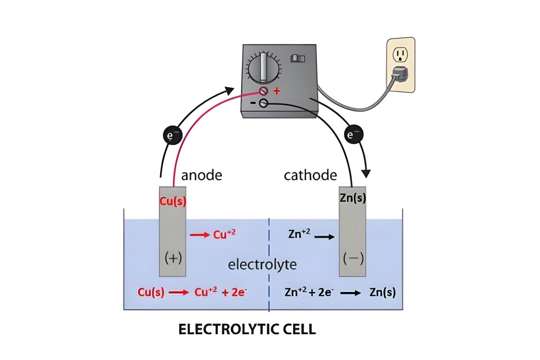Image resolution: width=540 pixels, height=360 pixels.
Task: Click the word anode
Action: pyautogui.click(x=202, y=175)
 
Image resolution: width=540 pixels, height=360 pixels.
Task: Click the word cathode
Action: pyautogui.click(x=310, y=175)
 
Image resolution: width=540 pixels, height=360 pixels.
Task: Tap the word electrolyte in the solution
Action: pyautogui.click(x=262, y=265)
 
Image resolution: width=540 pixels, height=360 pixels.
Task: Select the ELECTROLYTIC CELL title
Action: pyautogui.click(x=247, y=329)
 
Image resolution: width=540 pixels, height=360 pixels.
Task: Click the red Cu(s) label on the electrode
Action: pyautogui.click(x=173, y=201)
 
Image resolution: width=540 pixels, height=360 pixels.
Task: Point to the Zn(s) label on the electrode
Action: pyautogui.click(x=353, y=198)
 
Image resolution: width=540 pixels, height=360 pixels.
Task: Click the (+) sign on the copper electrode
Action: pyautogui.click(x=173, y=258)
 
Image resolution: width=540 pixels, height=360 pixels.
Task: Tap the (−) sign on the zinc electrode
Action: pyautogui.click(x=353, y=258)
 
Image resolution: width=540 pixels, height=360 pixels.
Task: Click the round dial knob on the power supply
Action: pyautogui.click(x=263, y=68)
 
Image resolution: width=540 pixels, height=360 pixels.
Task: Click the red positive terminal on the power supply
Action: pyautogui.click(x=264, y=91)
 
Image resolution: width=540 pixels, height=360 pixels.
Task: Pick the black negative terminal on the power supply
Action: pyautogui.click(x=263, y=103)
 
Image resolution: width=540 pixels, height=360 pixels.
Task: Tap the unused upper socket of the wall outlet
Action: pyautogui.click(x=400, y=55)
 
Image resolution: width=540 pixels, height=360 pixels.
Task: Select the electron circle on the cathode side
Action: pyautogui.click(x=353, y=135)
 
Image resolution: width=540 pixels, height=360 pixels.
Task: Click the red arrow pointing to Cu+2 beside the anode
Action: pyautogui.click(x=200, y=235)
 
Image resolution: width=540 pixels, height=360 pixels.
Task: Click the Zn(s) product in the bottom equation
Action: pyautogui.click(x=382, y=292)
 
